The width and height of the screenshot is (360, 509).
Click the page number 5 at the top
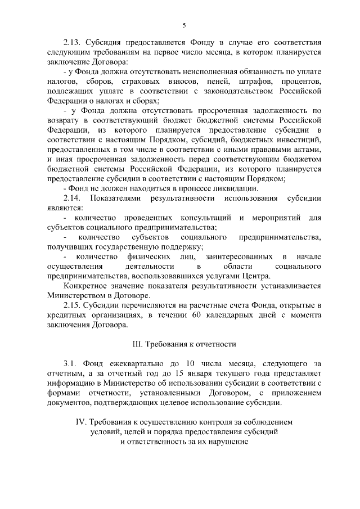click(184, 25)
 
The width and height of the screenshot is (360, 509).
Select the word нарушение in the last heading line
click(223, 442)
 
